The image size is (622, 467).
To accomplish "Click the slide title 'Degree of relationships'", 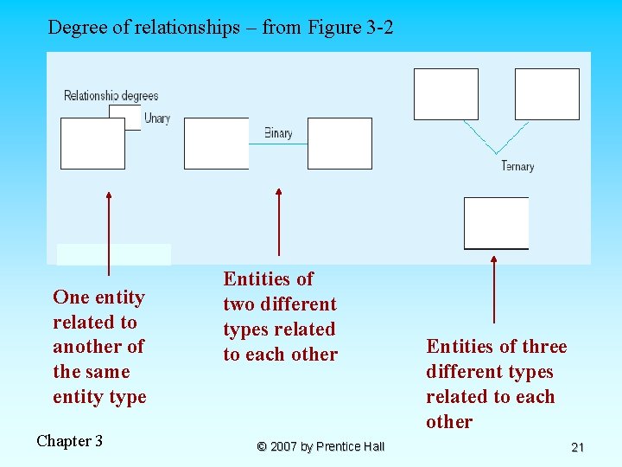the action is pyautogui.click(x=220, y=28).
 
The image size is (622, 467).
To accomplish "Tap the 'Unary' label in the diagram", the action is pyautogui.click(x=156, y=118).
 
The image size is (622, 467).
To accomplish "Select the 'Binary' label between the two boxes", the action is pyautogui.click(x=278, y=133).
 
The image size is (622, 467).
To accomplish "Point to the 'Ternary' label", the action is pyautogui.click(x=517, y=166).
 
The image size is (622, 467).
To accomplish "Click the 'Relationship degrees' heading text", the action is pyautogui.click(x=111, y=95).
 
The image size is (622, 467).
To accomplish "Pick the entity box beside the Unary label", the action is pyautogui.click(x=92, y=144).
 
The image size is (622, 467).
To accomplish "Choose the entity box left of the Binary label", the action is pyautogui.click(x=216, y=144).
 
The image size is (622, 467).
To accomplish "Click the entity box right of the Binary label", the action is pyautogui.click(x=340, y=144).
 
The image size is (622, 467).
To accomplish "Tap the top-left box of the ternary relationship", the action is pyautogui.click(x=446, y=94).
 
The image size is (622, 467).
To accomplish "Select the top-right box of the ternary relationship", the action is pyautogui.click(x=547, y=94).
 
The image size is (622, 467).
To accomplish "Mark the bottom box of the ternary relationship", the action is pyautogui.click(x=496, y=223).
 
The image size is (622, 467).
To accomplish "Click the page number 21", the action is pyautogui.click(x=578, y=447).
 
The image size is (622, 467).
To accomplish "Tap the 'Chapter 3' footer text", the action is pyautogui.click(x=69, y=441).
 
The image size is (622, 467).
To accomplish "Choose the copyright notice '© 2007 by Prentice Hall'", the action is pyautogui.click(x=321, y=446).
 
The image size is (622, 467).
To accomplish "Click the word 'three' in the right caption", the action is pyautogui.click(x=544, y=347).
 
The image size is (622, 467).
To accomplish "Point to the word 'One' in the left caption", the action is pyautogui.click(x=71, y=297).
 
